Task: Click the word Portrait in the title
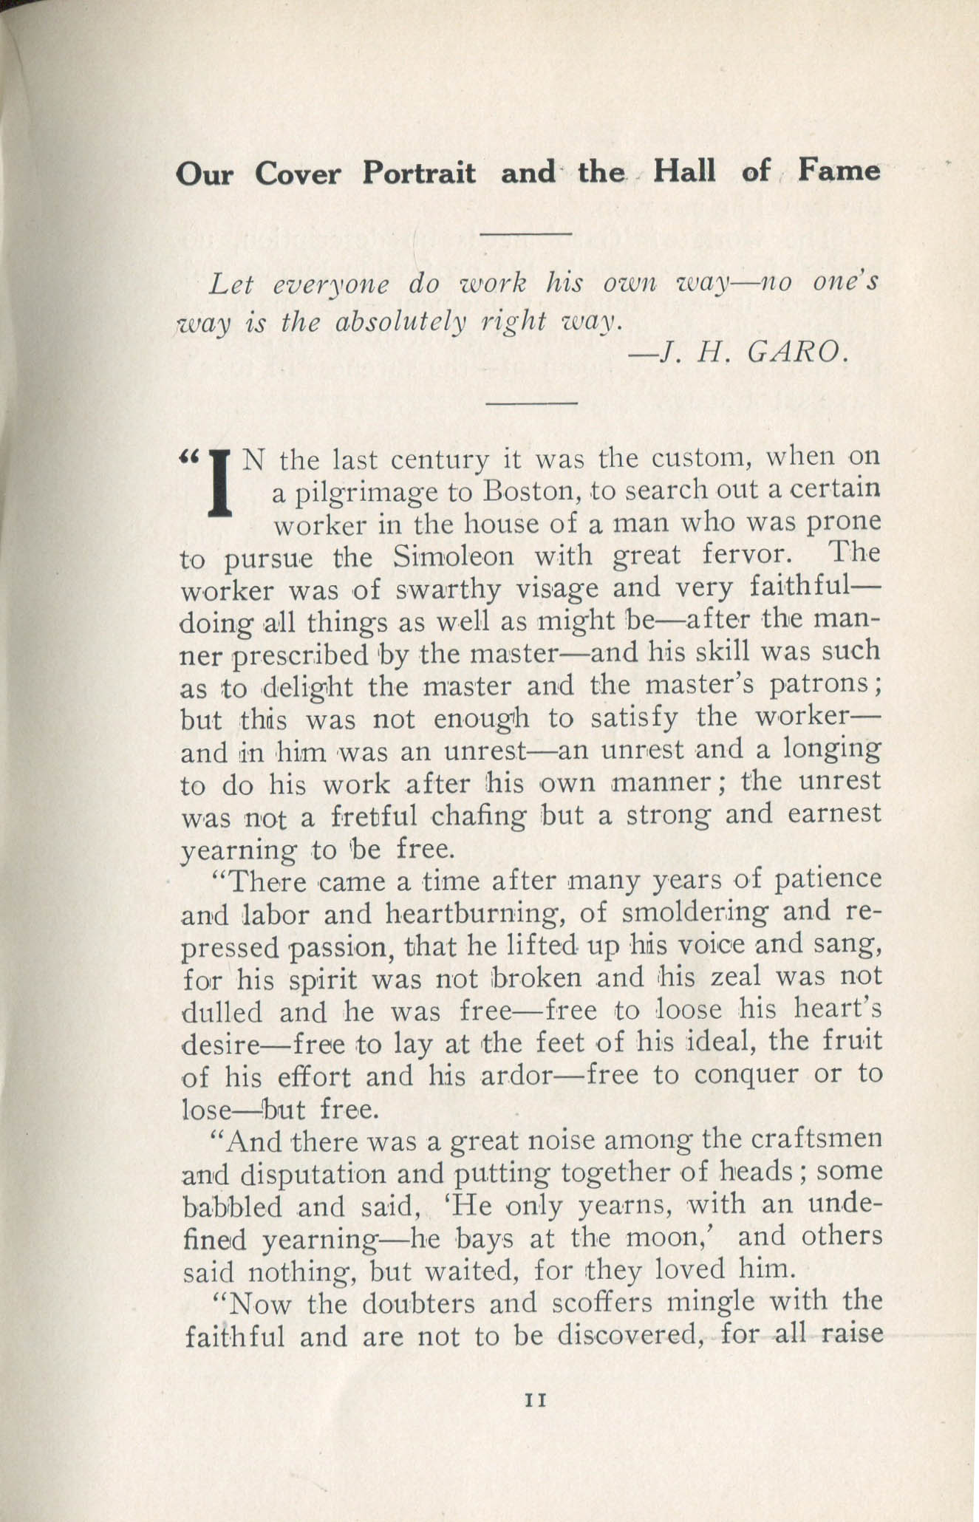(x=419, y=173)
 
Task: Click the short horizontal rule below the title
(x=526, y=235)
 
